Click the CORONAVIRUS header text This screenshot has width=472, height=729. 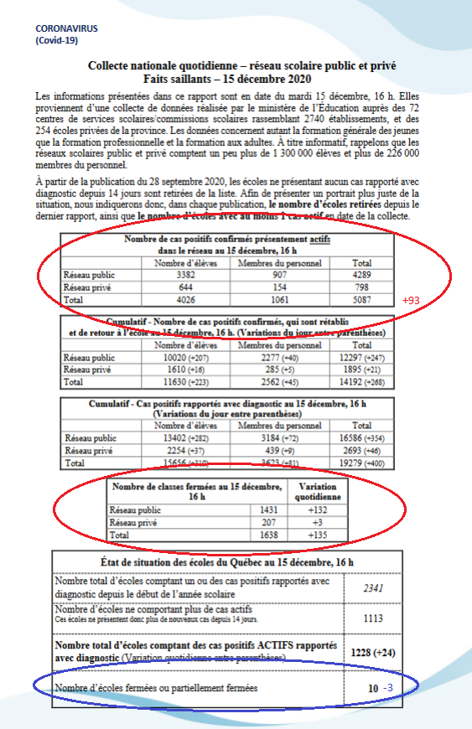(x=66, y=28)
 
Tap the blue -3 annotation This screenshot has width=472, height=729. (x=388, y=688)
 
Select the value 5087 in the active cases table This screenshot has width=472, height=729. (x=362, y=298)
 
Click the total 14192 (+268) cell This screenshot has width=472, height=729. (x=362, y=382)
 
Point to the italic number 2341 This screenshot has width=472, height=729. (x=374, y=587)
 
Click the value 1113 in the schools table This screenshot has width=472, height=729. (x=374, y=618)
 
